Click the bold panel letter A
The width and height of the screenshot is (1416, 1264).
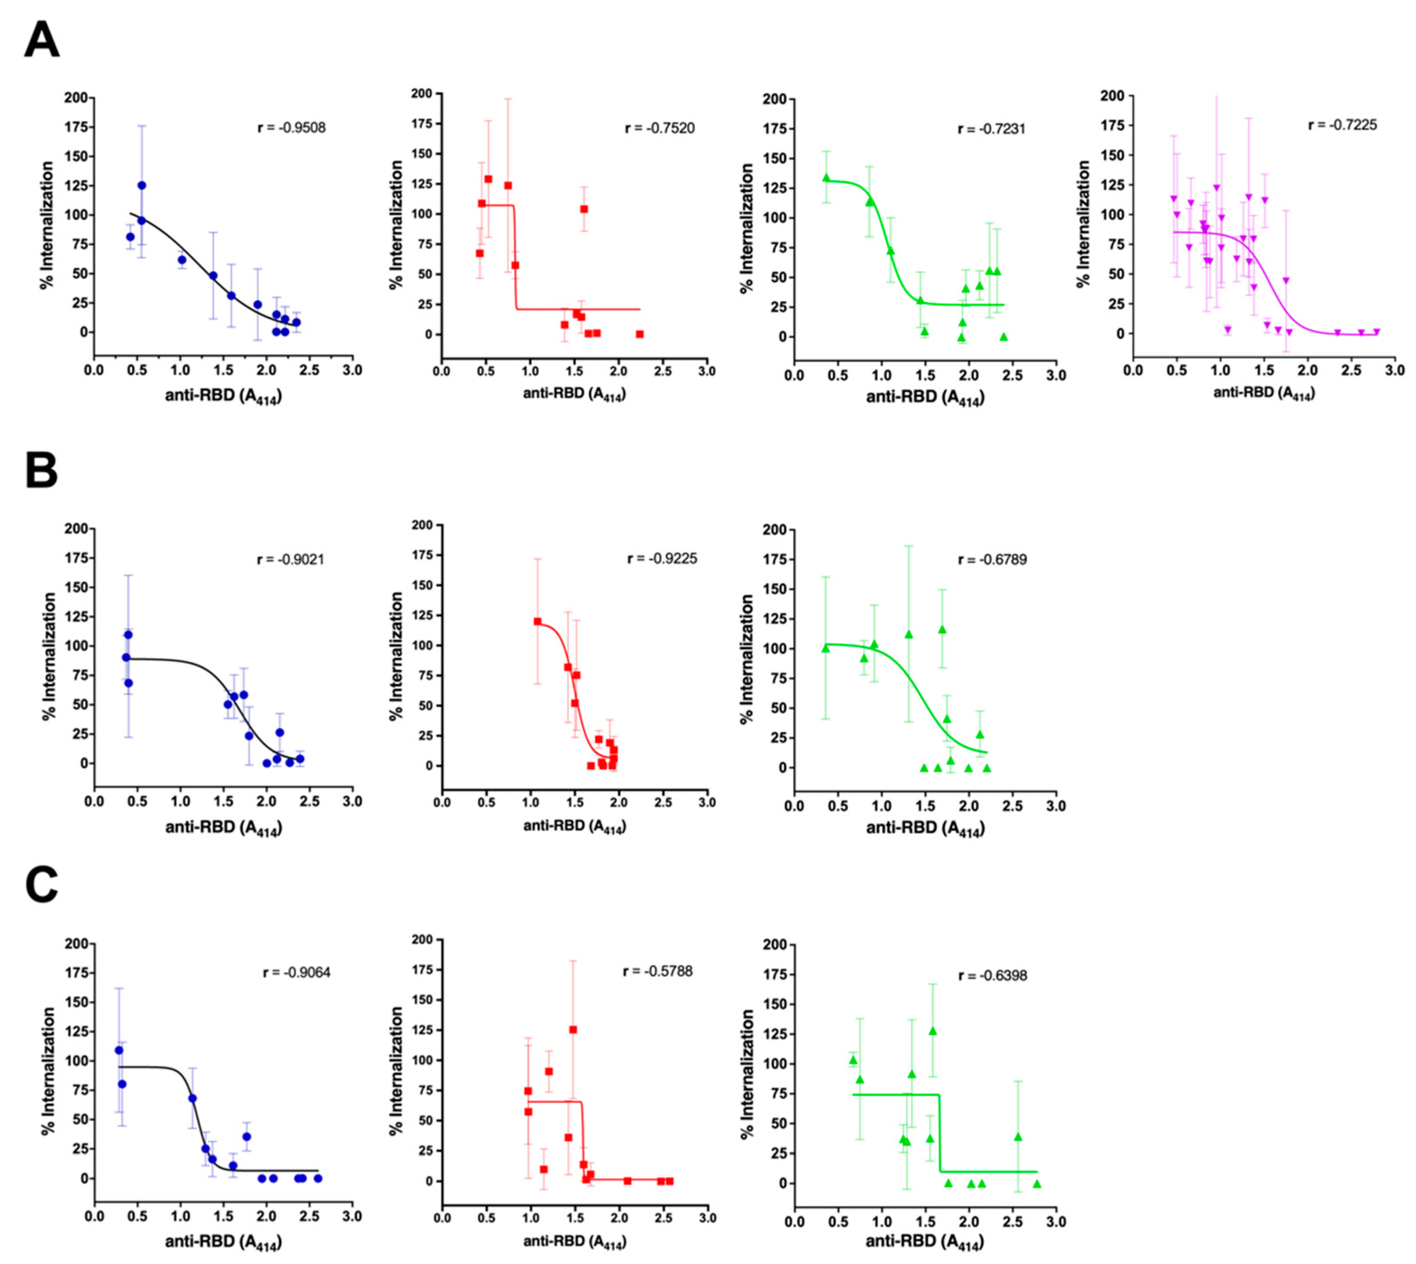pos(41,40)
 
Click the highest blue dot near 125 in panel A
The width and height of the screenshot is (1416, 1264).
pos(142,185)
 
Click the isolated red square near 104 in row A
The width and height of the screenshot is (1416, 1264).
pos(584,209)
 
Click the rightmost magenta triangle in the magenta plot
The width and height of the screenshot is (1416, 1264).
pos(1376,332)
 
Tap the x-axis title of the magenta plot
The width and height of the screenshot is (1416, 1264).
pos(1263,393)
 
